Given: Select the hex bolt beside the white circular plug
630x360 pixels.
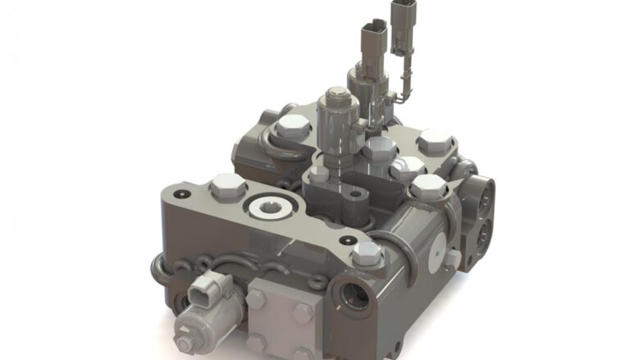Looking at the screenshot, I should tap(227, 188).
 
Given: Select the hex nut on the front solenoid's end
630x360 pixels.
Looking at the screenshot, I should tap(185, 336).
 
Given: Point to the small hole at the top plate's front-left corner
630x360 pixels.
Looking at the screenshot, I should tap(180, 194).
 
